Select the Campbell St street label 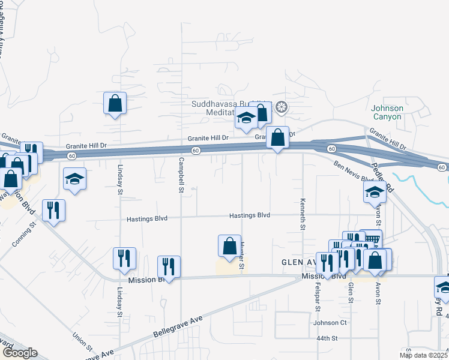pos(181,175)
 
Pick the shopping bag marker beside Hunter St pos(229,245)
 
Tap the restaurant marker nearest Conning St pos(53,210)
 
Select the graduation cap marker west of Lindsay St pos(74,178)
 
